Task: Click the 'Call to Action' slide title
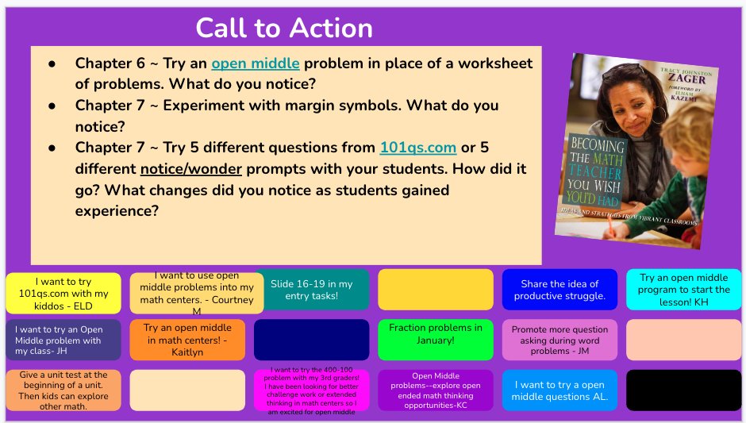click(284, 28)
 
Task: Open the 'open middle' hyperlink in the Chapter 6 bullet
click(256, 63)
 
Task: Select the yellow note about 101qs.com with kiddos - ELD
click(63, 293)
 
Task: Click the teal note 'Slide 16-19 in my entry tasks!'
click(312, 290)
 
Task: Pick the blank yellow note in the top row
click(436, 289)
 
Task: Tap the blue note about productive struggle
click(559, 290)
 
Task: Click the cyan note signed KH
click(684, 290)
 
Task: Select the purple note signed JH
click(63, 340)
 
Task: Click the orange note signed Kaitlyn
click(187, 340)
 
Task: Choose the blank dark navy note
click(312, 340)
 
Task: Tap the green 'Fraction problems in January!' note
click(436, 339)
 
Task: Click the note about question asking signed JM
click(559, 340)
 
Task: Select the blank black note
click(684, 390)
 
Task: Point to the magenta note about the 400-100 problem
click(312, 390)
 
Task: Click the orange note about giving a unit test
click(63, 390)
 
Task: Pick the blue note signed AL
click(559, 390)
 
